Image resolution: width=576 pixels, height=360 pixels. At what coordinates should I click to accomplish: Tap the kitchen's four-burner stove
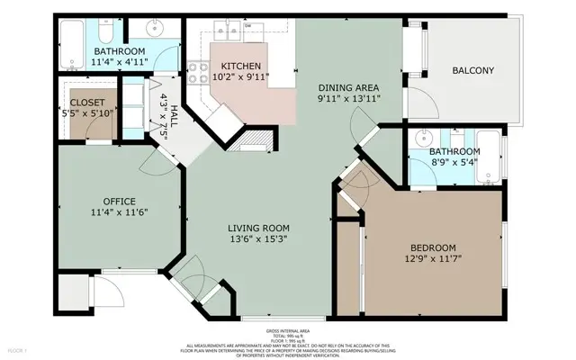point(198,73)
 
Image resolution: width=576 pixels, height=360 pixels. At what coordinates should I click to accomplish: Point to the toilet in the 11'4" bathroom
point(106,34)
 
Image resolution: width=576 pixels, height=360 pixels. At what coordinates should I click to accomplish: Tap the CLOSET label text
point(87,103)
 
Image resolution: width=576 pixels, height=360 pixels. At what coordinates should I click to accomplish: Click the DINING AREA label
point(349,87)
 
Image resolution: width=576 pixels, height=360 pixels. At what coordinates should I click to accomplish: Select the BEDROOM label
point(434,248)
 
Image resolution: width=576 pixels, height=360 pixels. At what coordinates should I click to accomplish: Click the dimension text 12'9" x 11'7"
point(434,260)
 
